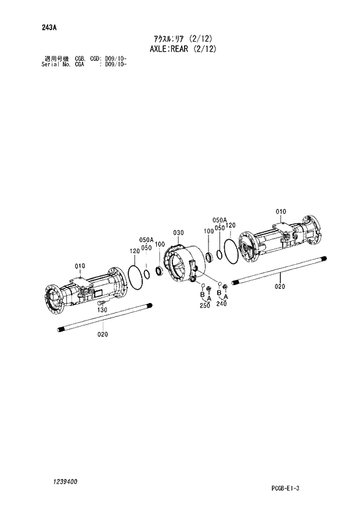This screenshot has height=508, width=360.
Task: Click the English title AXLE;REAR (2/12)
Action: click(179, 49)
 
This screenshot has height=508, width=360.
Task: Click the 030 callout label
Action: click(178, 233)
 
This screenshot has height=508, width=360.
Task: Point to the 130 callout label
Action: click(102, 311)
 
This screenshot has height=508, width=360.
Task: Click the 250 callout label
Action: click(204, 305)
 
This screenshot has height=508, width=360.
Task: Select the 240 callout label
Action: click(221, 304)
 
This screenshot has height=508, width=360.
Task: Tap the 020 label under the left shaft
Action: click(102, 334)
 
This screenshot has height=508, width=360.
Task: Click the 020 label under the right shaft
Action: click(279, 286)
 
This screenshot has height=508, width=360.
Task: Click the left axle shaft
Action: click(105, 318)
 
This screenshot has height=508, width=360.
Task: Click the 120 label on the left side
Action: click(135, 251)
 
